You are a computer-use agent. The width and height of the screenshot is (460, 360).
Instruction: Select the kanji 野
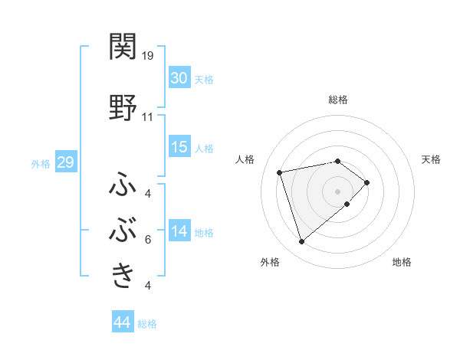[123, 108]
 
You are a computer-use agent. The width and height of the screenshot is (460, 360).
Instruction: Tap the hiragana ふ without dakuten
[123, 185]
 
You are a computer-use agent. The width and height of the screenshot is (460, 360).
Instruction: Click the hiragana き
[123, 274]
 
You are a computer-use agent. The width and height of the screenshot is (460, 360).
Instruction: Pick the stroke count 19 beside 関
[148, 55]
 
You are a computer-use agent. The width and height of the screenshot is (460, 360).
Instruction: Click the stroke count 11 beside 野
[148, 117]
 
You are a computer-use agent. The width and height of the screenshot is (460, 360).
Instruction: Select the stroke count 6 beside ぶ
[147, 240]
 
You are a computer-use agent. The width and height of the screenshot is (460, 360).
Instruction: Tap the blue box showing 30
[179, 77]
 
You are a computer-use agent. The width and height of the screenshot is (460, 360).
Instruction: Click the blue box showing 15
[179, 147]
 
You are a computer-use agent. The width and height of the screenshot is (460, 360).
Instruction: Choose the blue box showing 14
[179, 231]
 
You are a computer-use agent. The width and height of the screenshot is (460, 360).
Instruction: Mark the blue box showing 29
[65, 163]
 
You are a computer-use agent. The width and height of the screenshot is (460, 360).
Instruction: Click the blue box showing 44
[122, 322]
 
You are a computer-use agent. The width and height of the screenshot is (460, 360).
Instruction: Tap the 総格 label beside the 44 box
[147, 324]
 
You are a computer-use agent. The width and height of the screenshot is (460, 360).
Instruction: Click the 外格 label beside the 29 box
[41, 164]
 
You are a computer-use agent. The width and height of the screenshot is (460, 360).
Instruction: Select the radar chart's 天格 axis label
[432, 159]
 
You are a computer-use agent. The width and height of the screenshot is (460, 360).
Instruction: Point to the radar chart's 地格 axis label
[402, 262]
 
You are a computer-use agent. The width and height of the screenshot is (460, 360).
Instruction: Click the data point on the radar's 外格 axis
[301, 242]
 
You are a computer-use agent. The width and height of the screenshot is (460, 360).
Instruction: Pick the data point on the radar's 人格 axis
[280, 172]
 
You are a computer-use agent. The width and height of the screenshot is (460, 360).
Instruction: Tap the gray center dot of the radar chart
[337, 191]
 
